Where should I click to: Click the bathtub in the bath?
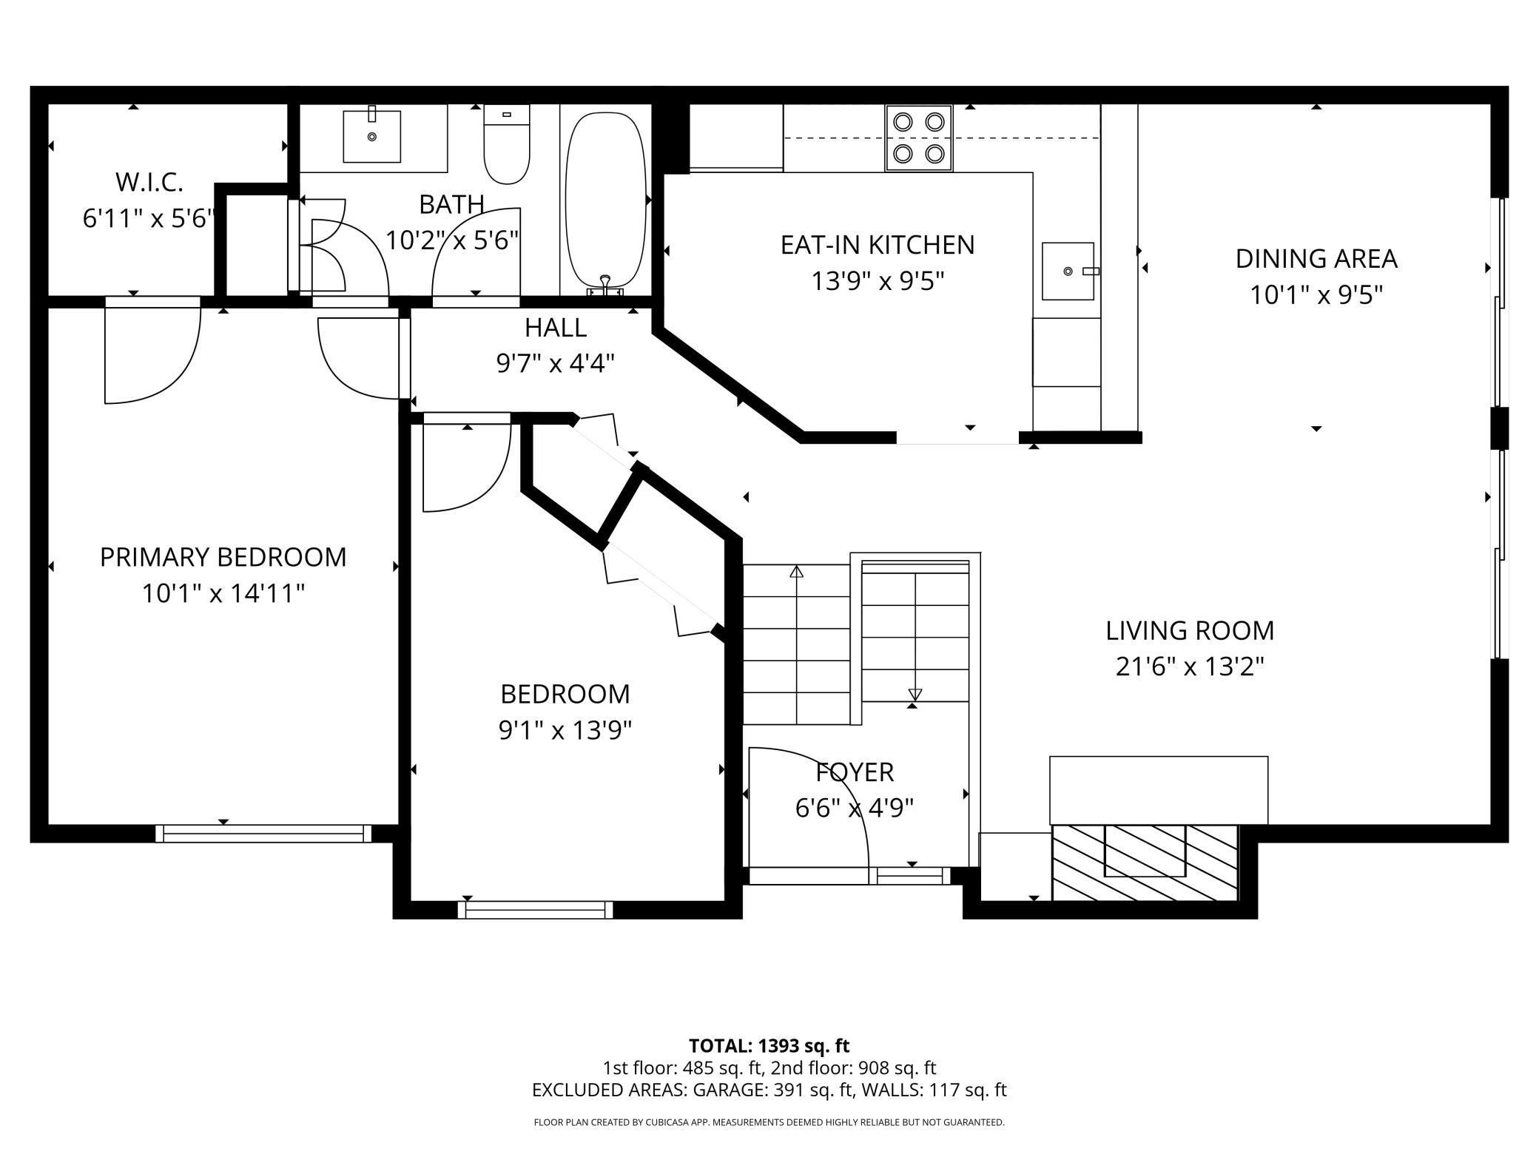tap(605, 201)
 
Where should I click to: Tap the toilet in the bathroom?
tap(507, 144)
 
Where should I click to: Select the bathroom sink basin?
tap(371, 136)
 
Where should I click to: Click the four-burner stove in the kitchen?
tap(919, 138)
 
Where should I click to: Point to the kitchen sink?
tap(1068, 271)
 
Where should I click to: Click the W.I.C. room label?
tap(149, 181)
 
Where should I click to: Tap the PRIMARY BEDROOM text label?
tap(223, 557)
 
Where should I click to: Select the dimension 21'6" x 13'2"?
tap(1190, 667)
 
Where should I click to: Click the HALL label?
tap(556, 327)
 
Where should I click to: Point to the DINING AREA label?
tap(1316, 259)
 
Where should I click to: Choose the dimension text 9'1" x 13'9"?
tap(565, 731)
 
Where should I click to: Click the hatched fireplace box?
tap(1145, 862)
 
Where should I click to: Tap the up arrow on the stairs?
tap(796, 571)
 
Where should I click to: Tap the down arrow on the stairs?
tap(915, 695)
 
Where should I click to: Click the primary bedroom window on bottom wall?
tap(263, 834)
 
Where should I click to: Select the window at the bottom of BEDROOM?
tap(536, 909)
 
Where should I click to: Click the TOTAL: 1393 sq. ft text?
tap(769, 1046)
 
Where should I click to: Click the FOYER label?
tap(855, 772)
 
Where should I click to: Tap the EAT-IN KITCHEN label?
tap(878, 245)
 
